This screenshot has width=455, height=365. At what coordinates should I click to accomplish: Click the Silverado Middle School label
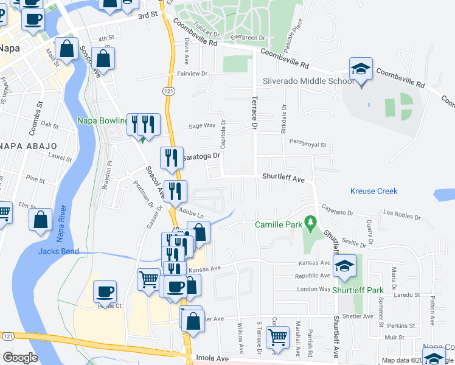tap(308, 81)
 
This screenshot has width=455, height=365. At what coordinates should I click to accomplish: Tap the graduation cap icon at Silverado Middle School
tap(361, 69)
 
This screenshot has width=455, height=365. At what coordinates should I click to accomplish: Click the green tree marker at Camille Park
tap(311, 223)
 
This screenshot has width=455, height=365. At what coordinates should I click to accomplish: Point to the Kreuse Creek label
tap(373, 191)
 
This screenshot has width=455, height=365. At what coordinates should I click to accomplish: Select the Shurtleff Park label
tap(358, 290)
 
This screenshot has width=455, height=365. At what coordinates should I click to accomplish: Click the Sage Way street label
tap(202, 125)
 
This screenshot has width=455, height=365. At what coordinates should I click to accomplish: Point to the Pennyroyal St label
tap(308, 145)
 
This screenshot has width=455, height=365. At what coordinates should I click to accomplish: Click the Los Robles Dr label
tap(402, 216)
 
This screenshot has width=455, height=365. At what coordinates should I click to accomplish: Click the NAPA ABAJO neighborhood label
tap(28, 146)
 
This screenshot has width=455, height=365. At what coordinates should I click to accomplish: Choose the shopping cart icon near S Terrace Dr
tap(278, 336)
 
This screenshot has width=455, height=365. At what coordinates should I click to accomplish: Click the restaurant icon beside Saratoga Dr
tap(172, 158)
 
